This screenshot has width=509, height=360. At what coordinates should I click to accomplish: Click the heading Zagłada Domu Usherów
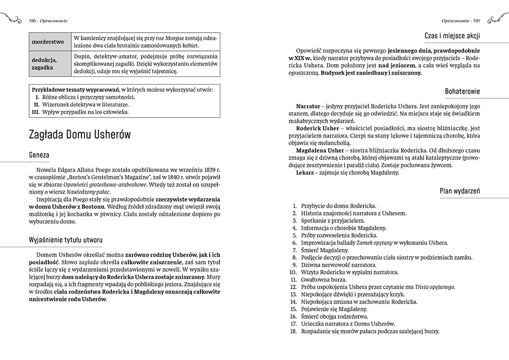pos(80,134)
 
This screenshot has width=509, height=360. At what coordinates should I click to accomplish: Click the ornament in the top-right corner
pos(498,19)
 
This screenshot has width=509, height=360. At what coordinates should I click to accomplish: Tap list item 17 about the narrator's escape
pos(348,323)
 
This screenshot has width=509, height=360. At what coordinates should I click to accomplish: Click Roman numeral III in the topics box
pos(36,112)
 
